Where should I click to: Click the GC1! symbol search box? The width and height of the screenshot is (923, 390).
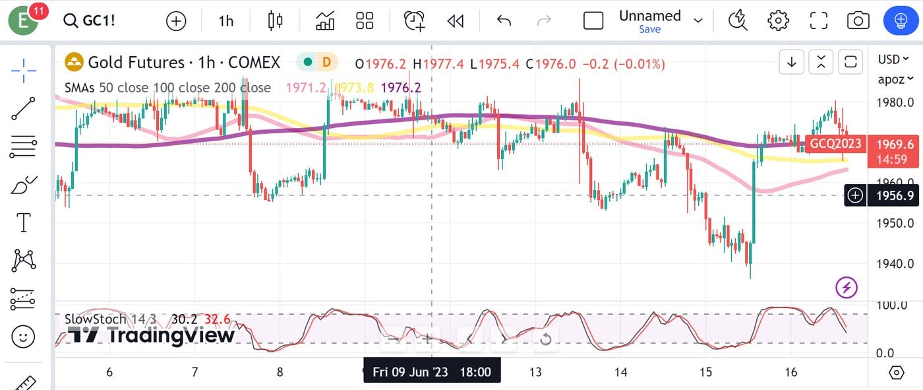(x=90, y=20)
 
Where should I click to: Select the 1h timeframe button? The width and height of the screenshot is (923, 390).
(x=226, y=21)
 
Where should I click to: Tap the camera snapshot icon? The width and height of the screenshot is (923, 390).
(x=858, y=20)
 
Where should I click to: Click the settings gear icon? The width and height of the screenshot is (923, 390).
(x=778, y=20)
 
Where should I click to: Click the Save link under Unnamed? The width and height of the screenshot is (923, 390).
(x=649, y=30)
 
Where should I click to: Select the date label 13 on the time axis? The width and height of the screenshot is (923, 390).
(x=535, y=372)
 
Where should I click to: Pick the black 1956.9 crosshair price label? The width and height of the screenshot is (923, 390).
(x=895, y=195)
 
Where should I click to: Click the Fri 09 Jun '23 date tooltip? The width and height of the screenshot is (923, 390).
(x=432, y=372)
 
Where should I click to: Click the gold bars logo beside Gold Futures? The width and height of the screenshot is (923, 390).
(x=74, y=63)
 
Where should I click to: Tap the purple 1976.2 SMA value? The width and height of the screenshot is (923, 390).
(x=401, y=88)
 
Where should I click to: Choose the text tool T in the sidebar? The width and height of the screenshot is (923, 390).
(x=24, y=222)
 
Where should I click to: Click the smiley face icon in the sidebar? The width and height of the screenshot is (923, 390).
(x=24, y=337)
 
